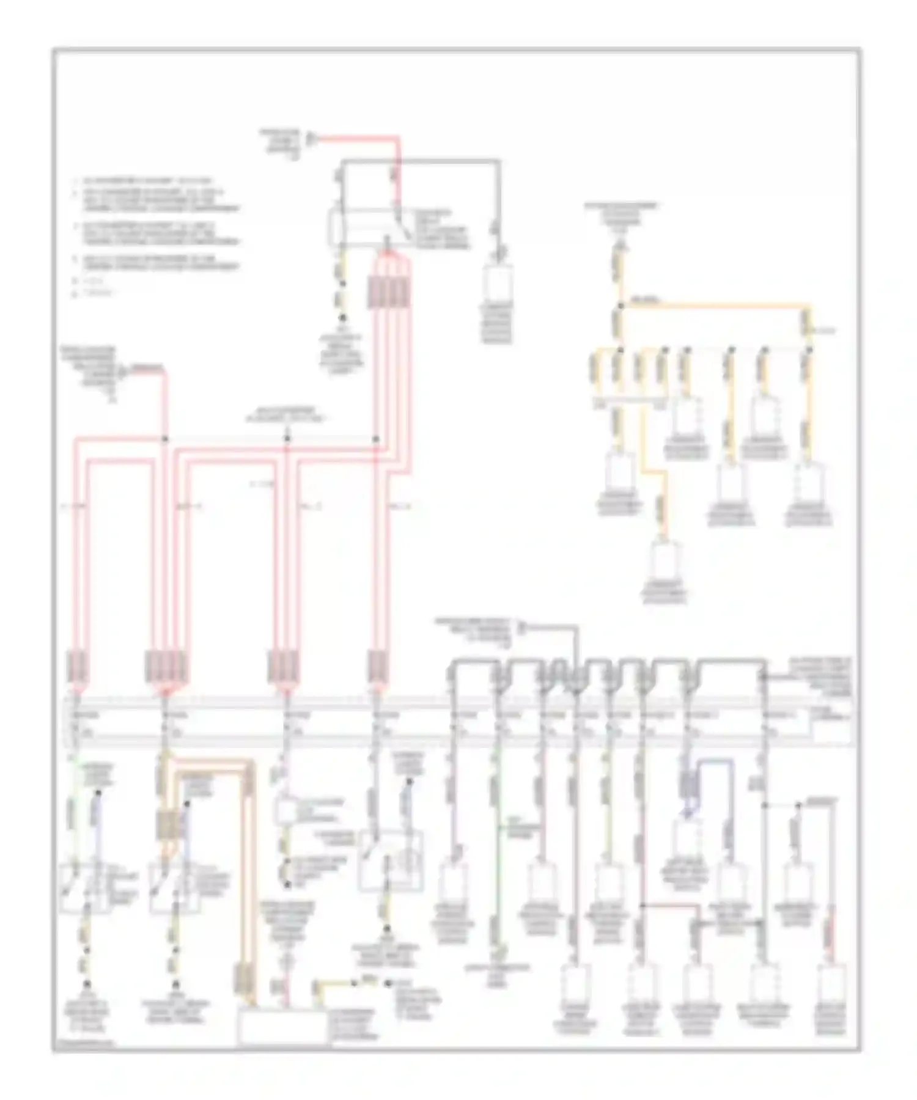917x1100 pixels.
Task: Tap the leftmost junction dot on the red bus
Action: click(164, 439)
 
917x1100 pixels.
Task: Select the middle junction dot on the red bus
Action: click(287, 439)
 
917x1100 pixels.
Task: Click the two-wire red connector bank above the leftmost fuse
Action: click(79, 667)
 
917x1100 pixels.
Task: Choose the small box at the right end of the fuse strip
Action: click(831, 729)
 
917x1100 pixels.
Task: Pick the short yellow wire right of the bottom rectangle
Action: click(333, 983)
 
